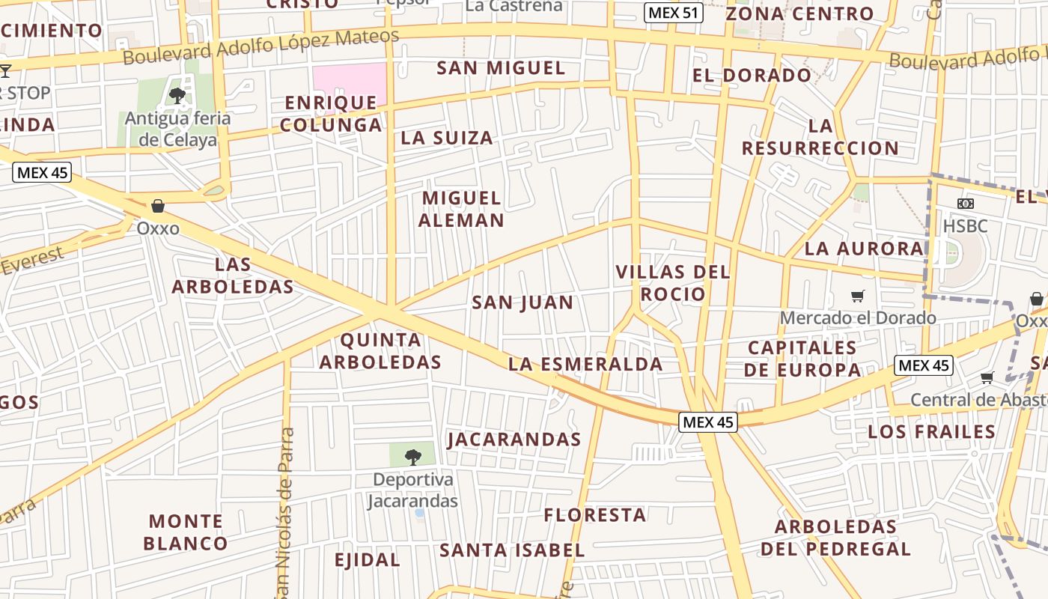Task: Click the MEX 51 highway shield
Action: [673, 13]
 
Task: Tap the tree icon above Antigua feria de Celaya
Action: [177, 95]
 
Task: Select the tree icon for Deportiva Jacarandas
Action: [412, 457]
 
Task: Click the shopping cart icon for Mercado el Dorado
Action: [858, 297]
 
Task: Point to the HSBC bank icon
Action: [966, 204]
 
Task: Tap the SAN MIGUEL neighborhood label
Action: [501, 68]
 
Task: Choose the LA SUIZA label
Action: [447, 138]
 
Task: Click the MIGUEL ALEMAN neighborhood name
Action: [461, 209]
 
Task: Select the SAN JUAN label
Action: [523, 302]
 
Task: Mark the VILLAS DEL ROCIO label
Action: [672, 282]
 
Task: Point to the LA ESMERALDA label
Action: [585, 365]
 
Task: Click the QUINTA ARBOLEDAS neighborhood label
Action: [380, 351]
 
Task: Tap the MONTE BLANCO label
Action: [186, 532]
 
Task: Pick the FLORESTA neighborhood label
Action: [595, 515]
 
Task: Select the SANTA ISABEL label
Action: [512, 550]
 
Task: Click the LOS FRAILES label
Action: [932, 432]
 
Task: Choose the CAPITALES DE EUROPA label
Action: [802, 359]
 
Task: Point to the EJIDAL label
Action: [367, 560]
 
